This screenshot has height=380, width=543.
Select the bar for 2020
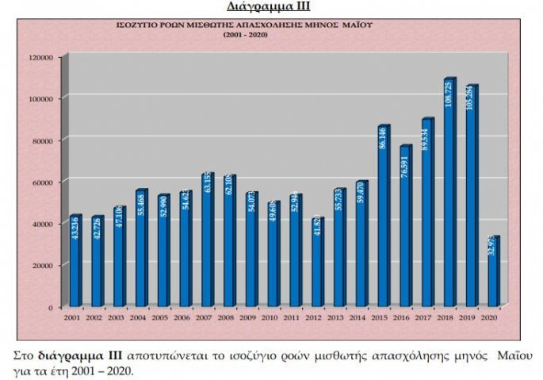tap(493, 274)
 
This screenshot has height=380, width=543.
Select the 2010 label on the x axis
tap(271, 317)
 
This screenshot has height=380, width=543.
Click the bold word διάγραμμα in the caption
tap(65, 354)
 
